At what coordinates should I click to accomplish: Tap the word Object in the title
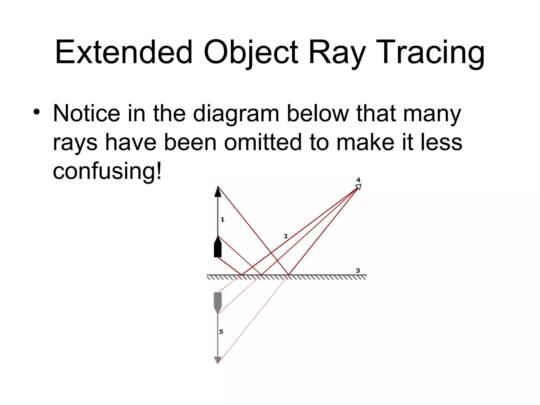tap(250, 52)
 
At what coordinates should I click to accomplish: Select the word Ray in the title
tap(337, 52)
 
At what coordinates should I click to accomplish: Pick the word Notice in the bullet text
tap(86, 113)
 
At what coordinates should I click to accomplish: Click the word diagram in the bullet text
tap(236, 114)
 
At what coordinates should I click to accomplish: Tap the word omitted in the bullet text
tap(263, 142)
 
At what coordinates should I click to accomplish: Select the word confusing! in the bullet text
tap(107, 171)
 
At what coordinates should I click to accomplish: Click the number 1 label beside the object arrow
tap(223, 219)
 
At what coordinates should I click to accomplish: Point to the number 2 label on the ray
tap(286, 236)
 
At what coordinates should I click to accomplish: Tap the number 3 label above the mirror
tap(358, 271)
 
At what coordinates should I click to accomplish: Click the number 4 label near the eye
tap(358, 180)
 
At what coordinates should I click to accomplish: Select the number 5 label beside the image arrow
tap(221, 332)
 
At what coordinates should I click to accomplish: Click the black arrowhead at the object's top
tap(218, 192)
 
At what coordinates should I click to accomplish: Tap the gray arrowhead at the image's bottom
tap(218, 360)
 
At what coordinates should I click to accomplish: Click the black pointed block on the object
tap(218, 248)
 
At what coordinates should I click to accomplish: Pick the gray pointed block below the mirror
tap(218, 302)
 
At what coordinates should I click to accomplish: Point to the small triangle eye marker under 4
tap(358, 187)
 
